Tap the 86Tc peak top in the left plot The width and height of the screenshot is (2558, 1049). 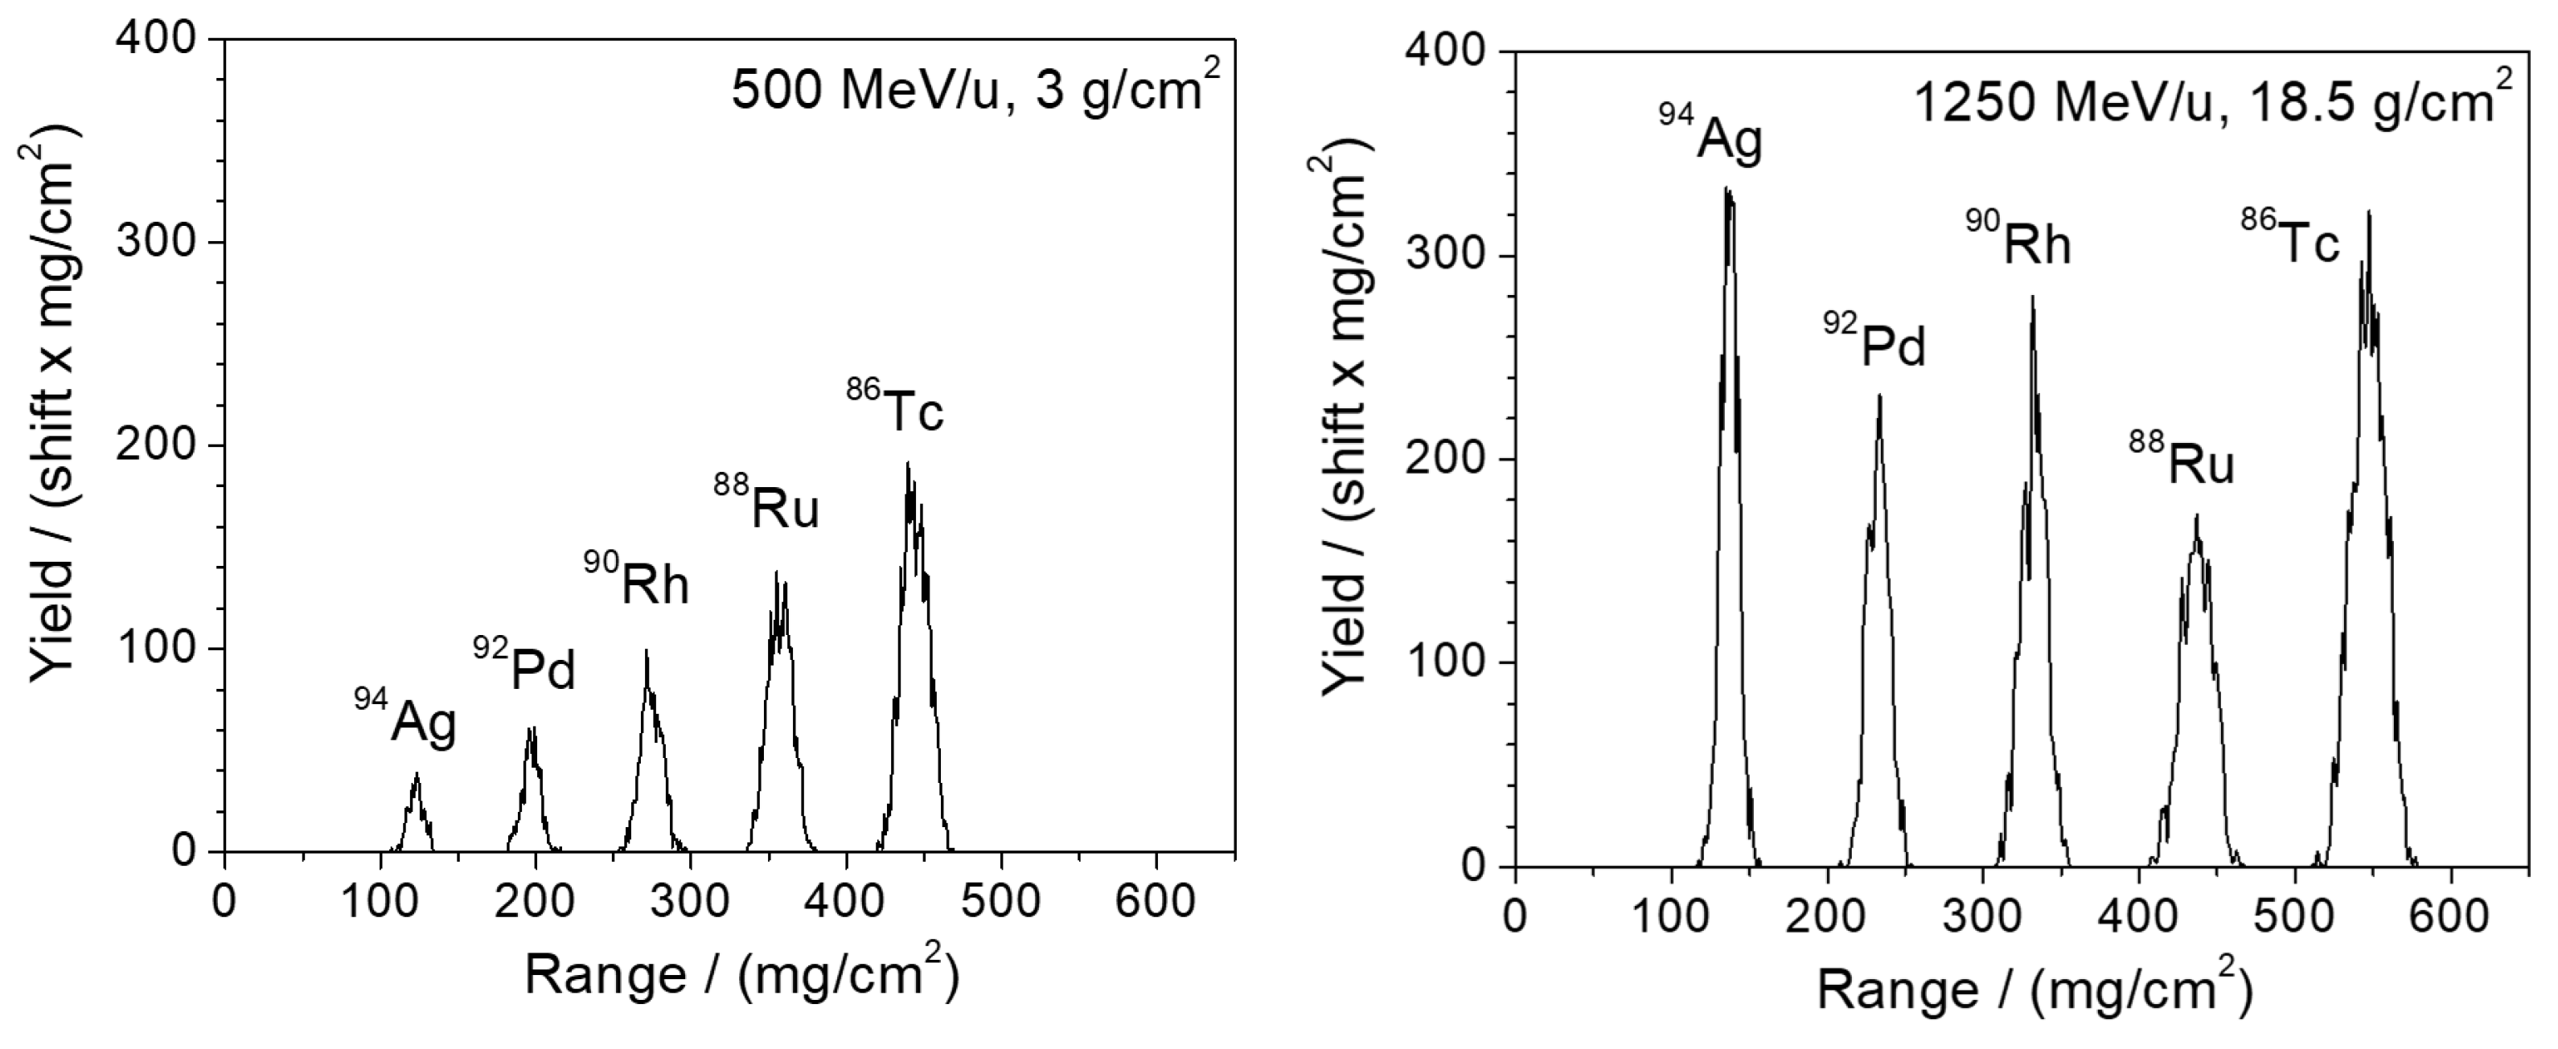tap(908, 465)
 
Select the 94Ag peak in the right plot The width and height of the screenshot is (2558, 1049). tap(1729, 191)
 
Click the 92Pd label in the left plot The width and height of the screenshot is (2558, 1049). tap(524, 667)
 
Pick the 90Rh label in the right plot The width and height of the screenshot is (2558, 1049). tap(2018, 241)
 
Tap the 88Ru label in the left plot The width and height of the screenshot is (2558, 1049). tap(766, 504)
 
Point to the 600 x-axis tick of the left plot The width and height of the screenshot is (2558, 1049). tap(1155, 901)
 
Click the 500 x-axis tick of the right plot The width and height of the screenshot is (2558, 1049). tap(2294, 915)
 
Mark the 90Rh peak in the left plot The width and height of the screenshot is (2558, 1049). tap(647, 653)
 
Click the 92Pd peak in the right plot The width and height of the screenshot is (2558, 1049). tap(1878, 397)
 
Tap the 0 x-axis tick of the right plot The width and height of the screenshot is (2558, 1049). tap(1514, 915)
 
